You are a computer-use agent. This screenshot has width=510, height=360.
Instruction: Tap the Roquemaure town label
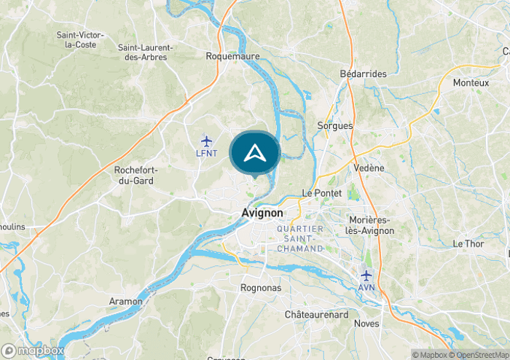click(227, 55)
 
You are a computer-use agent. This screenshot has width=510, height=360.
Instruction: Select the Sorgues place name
click(335, 125)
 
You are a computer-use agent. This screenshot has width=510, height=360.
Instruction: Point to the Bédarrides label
click(364, 74)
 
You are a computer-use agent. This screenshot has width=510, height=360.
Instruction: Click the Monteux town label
click(471, 82)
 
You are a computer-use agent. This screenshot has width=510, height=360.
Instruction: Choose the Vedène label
click(368, 168)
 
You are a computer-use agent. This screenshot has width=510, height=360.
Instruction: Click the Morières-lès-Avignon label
click(370, 226)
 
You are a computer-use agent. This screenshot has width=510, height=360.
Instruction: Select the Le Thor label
click(468, 243)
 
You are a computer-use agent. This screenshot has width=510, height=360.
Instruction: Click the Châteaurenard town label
click(318, 314)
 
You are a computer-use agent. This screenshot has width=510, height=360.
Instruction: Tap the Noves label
click(366, 323)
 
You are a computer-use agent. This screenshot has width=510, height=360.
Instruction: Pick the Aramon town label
click(126, 301)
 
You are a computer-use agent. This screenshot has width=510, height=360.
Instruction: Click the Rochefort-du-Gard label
click(136, 176)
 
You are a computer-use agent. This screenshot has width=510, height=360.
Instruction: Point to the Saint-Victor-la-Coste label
click(80, 39)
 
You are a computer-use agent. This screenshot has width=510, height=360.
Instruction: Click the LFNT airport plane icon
click(206, 140)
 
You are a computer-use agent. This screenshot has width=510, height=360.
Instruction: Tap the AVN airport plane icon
click(366, 275)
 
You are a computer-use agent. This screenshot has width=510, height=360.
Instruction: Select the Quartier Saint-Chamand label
click(299, 238)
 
